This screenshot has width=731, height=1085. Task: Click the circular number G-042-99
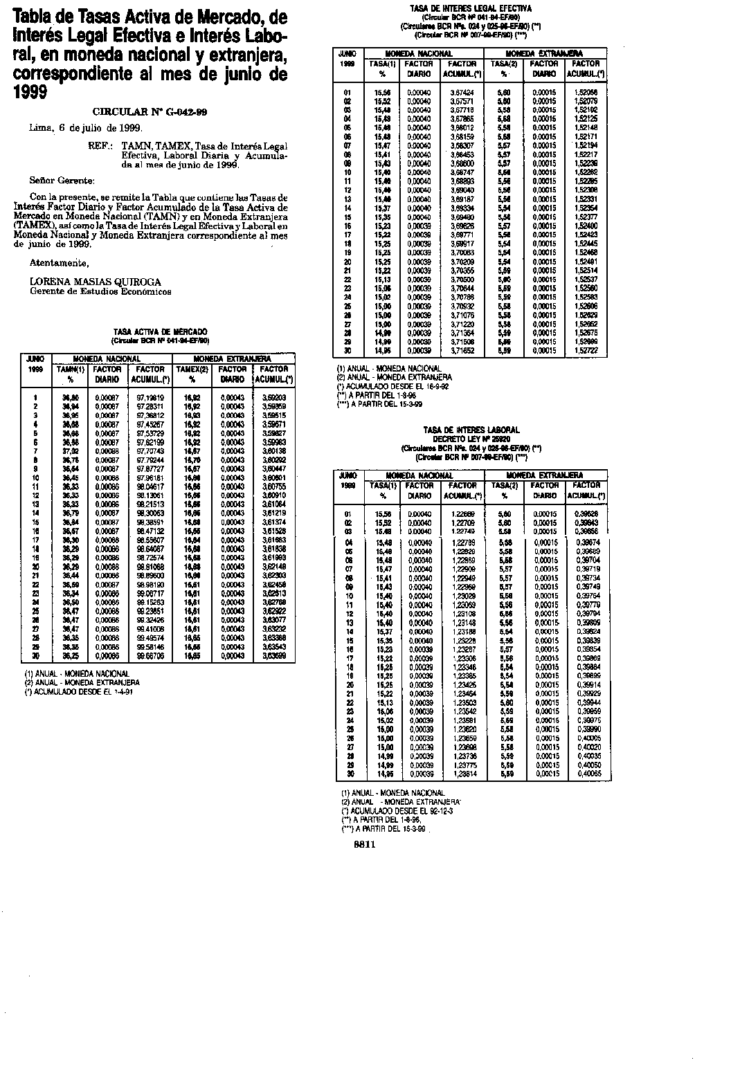pos(150,111)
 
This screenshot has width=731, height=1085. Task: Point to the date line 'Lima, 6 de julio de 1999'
pos(86,128)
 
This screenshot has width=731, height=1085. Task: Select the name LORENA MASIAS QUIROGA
pos(96,282)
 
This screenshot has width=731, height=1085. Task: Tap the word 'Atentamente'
pos(60,263)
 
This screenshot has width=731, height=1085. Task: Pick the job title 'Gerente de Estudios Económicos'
pos(100,291)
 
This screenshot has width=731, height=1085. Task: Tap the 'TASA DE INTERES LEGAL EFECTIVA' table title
pos(471,9)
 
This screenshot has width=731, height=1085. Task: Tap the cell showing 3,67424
pos(462,91)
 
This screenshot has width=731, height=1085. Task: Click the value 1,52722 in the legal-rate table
pos(587,352)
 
